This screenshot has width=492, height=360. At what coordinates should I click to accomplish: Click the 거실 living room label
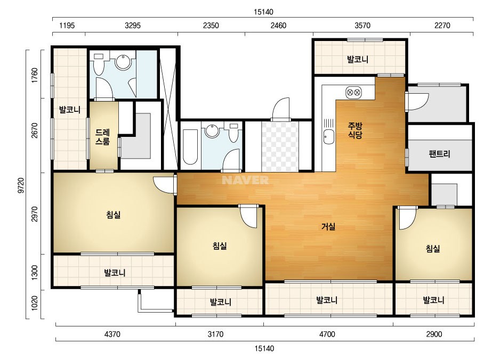pyautogui.click(x=328, y=226)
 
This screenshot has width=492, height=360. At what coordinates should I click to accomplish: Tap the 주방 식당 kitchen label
pyautogui.click(x=355, y=130)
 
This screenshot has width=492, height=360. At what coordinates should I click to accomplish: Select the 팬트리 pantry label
pyautogui.click(x=439, y=154)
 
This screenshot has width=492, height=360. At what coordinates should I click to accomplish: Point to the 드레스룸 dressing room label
pyautogui.click(x=102, y=137)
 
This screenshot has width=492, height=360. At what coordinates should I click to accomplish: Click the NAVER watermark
pyautogui.click(x=245, y=180)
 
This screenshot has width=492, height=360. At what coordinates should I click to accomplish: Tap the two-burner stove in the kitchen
pyautogui.click(x=353, y=93)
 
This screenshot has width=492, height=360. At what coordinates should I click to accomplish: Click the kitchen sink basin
pyautogui.click(x=329, y=137)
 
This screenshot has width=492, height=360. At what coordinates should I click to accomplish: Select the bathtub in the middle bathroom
pyautogui.click(x=190, y=146)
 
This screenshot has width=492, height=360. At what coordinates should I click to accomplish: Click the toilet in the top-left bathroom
pyautogui.click(x=99, y=64)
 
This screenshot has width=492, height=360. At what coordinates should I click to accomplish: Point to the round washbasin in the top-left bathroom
pyautogui.click(x=123, y=61)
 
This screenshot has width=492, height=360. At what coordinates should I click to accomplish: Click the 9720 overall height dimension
pyautogui.click(x=21, y=185)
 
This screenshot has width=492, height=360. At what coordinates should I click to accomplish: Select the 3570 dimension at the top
pyautogui.click(x=362, y=26)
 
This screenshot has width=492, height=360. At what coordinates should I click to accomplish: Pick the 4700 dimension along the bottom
pyautogui.click(x=327, y=334)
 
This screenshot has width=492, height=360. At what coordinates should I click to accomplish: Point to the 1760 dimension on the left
pyautogui.click(x=35, y=75)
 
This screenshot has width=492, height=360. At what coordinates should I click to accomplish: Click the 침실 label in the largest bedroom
pyautogui.click(x=114, y=215)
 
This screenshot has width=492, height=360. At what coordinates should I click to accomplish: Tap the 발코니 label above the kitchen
pyautogui.click(x=357, y=59)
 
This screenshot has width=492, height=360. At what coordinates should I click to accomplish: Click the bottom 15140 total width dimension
pyautogui.click(x=264, y=348)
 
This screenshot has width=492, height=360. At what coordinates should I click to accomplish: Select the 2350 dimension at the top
pyautogui.click(x=211, y=26)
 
